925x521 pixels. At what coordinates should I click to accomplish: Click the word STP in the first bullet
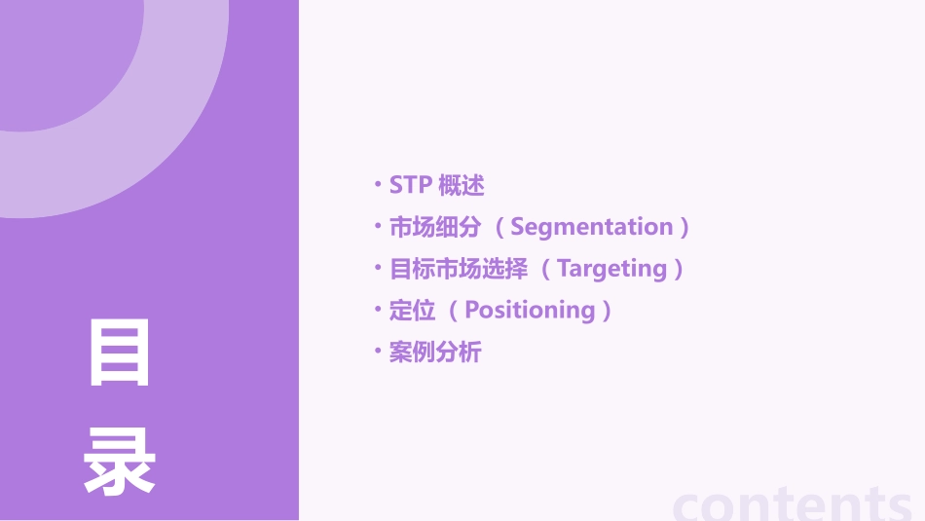click(410, 185)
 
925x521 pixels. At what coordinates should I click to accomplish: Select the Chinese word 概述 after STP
click(462, 185)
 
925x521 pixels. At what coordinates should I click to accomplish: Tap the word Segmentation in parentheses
click(592, 227)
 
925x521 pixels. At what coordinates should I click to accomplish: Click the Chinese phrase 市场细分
click(435, 227)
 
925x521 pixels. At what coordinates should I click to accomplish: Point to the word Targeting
click(612, 269)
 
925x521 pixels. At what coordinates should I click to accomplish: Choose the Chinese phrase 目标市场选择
click(459, 269)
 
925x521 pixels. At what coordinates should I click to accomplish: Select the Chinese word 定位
click(412, 311)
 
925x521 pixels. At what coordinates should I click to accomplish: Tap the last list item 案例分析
click(435, 353)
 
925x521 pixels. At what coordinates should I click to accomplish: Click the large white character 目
click(120, 353)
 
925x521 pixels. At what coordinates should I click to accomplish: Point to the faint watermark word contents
click(794, 504)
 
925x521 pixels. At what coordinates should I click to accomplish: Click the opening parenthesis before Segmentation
click(499, 228)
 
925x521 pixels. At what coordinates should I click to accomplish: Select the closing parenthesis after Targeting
click(679, 270)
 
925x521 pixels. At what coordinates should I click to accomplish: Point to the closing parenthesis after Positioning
click(608, 312)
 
